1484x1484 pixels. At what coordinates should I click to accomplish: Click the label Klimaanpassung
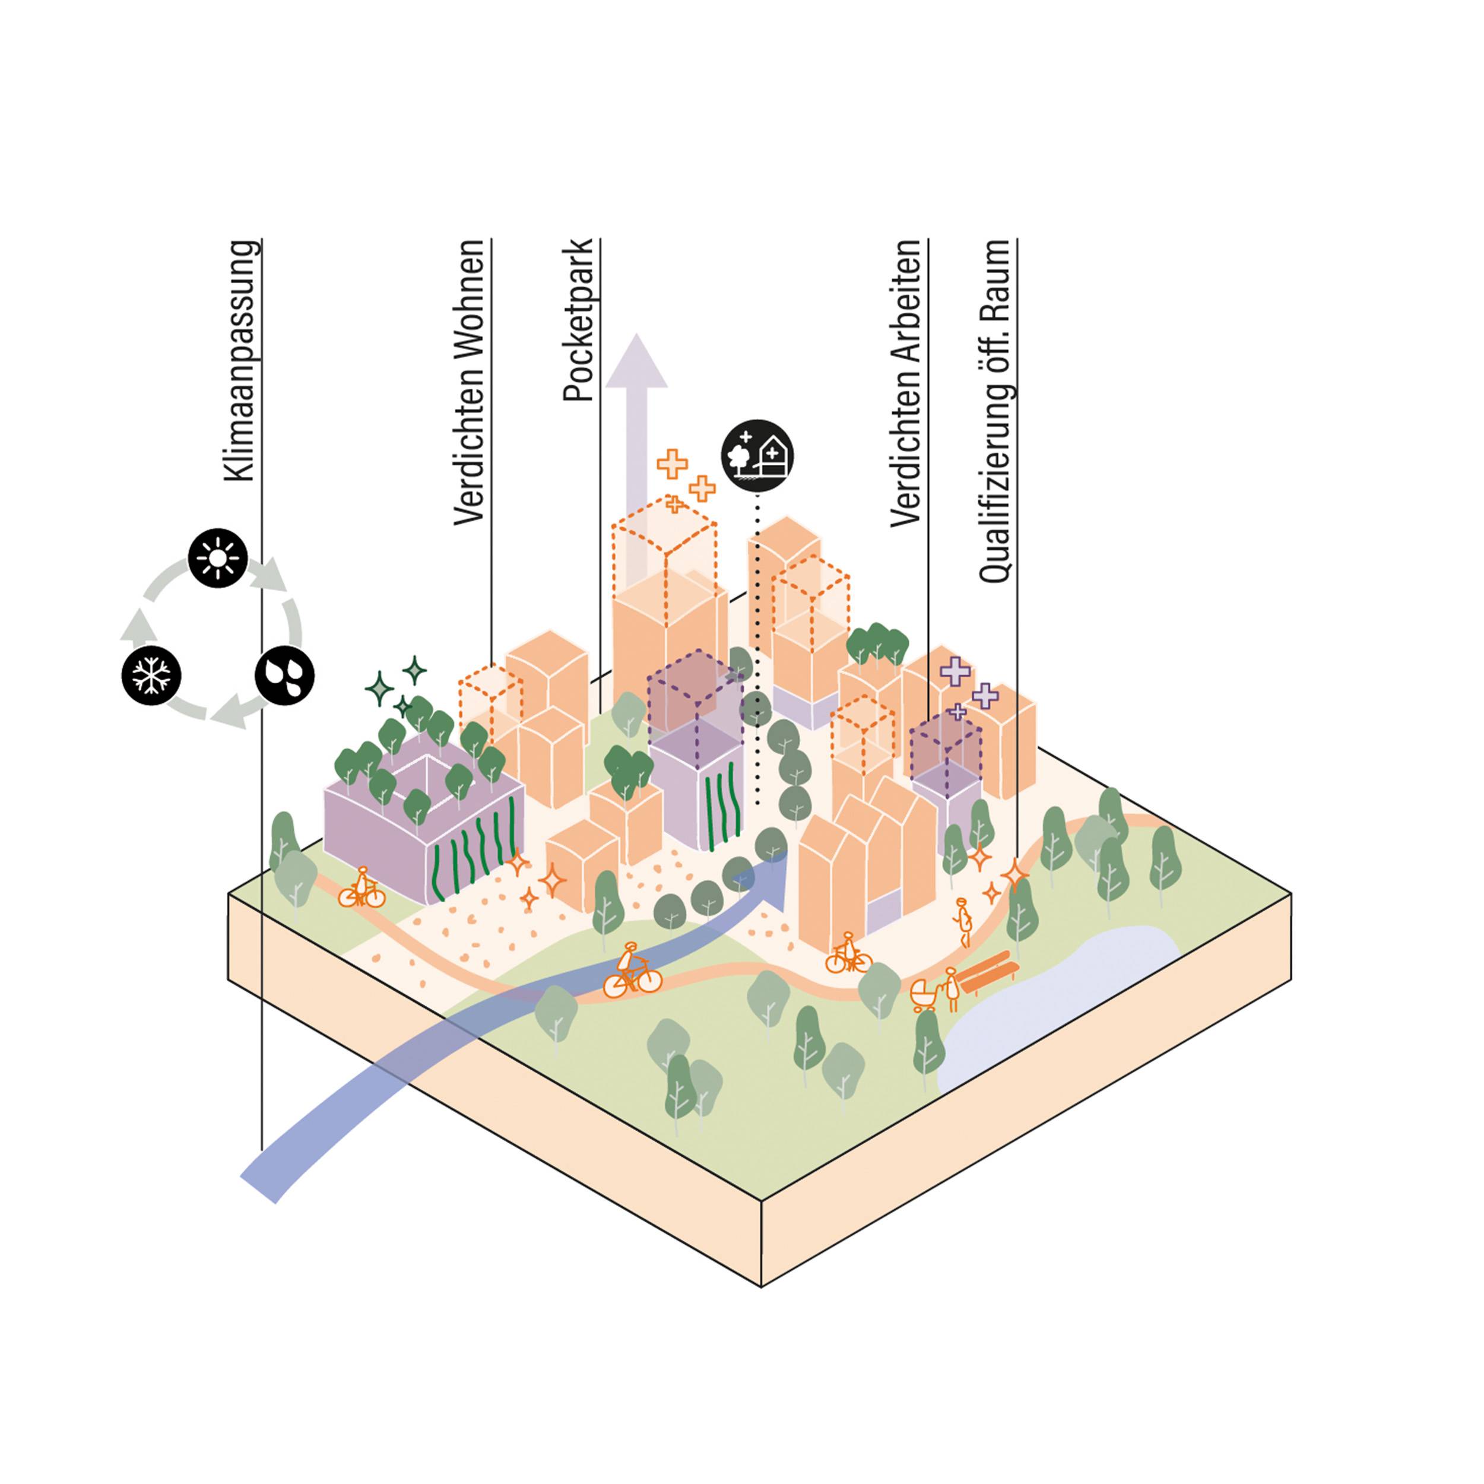tap(240, 361)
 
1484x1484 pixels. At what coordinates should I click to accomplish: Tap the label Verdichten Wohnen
tap(470, 382)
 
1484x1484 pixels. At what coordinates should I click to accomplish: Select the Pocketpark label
tap(578, 321)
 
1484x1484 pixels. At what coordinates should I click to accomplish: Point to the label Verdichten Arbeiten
tap(906, 382)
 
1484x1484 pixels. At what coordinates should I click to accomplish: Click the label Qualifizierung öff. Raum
tap(995, 410)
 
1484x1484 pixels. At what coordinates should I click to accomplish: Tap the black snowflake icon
tap(151, 677)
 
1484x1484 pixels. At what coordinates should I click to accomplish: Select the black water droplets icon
tap(284, 676)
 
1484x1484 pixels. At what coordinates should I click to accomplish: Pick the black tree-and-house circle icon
tap(757, 455)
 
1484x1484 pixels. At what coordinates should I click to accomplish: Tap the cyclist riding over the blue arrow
tap(632, 972)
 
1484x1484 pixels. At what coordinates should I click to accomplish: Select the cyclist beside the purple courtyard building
tap(361, 889)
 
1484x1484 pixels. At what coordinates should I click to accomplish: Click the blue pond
tap(1060, 998)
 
